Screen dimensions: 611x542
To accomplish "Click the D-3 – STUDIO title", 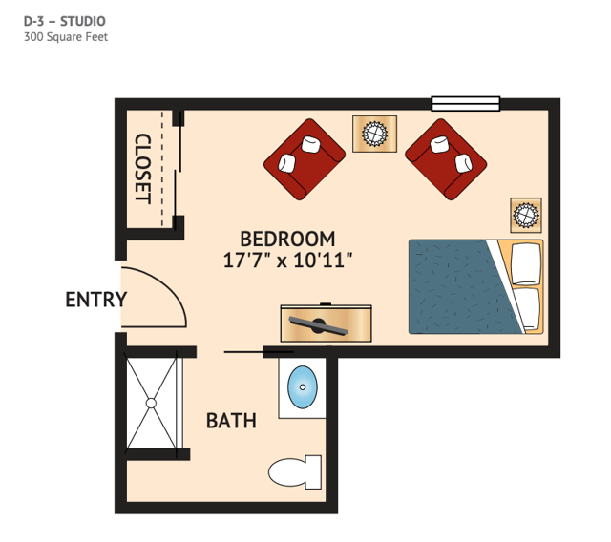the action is point(65,21).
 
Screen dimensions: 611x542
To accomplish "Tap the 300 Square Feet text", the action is point(66,37).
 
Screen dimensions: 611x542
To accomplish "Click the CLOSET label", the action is point(142,168).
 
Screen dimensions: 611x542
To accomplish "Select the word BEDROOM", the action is point(287,239).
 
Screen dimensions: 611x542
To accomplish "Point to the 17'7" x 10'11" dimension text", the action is point(288,260).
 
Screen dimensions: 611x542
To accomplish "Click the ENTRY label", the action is point(96,300).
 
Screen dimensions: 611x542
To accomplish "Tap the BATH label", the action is point(231,421).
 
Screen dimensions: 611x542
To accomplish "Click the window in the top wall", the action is point(466,104).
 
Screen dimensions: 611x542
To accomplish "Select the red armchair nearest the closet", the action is point(305,159).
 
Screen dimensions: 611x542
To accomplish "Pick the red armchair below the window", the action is point(446,159).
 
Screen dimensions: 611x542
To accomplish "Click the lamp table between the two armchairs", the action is point(375,134).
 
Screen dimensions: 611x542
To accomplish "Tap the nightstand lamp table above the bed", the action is point(526,216).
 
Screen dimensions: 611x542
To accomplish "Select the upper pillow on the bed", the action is point(526,264).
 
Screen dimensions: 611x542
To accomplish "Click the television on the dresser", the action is point(318,325).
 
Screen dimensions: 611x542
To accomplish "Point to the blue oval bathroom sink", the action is point(303,387).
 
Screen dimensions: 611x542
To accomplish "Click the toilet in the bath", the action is point(295,472).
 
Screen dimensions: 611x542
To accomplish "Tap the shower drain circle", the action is point(151,404).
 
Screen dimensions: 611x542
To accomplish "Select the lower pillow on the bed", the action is point(527,309).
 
